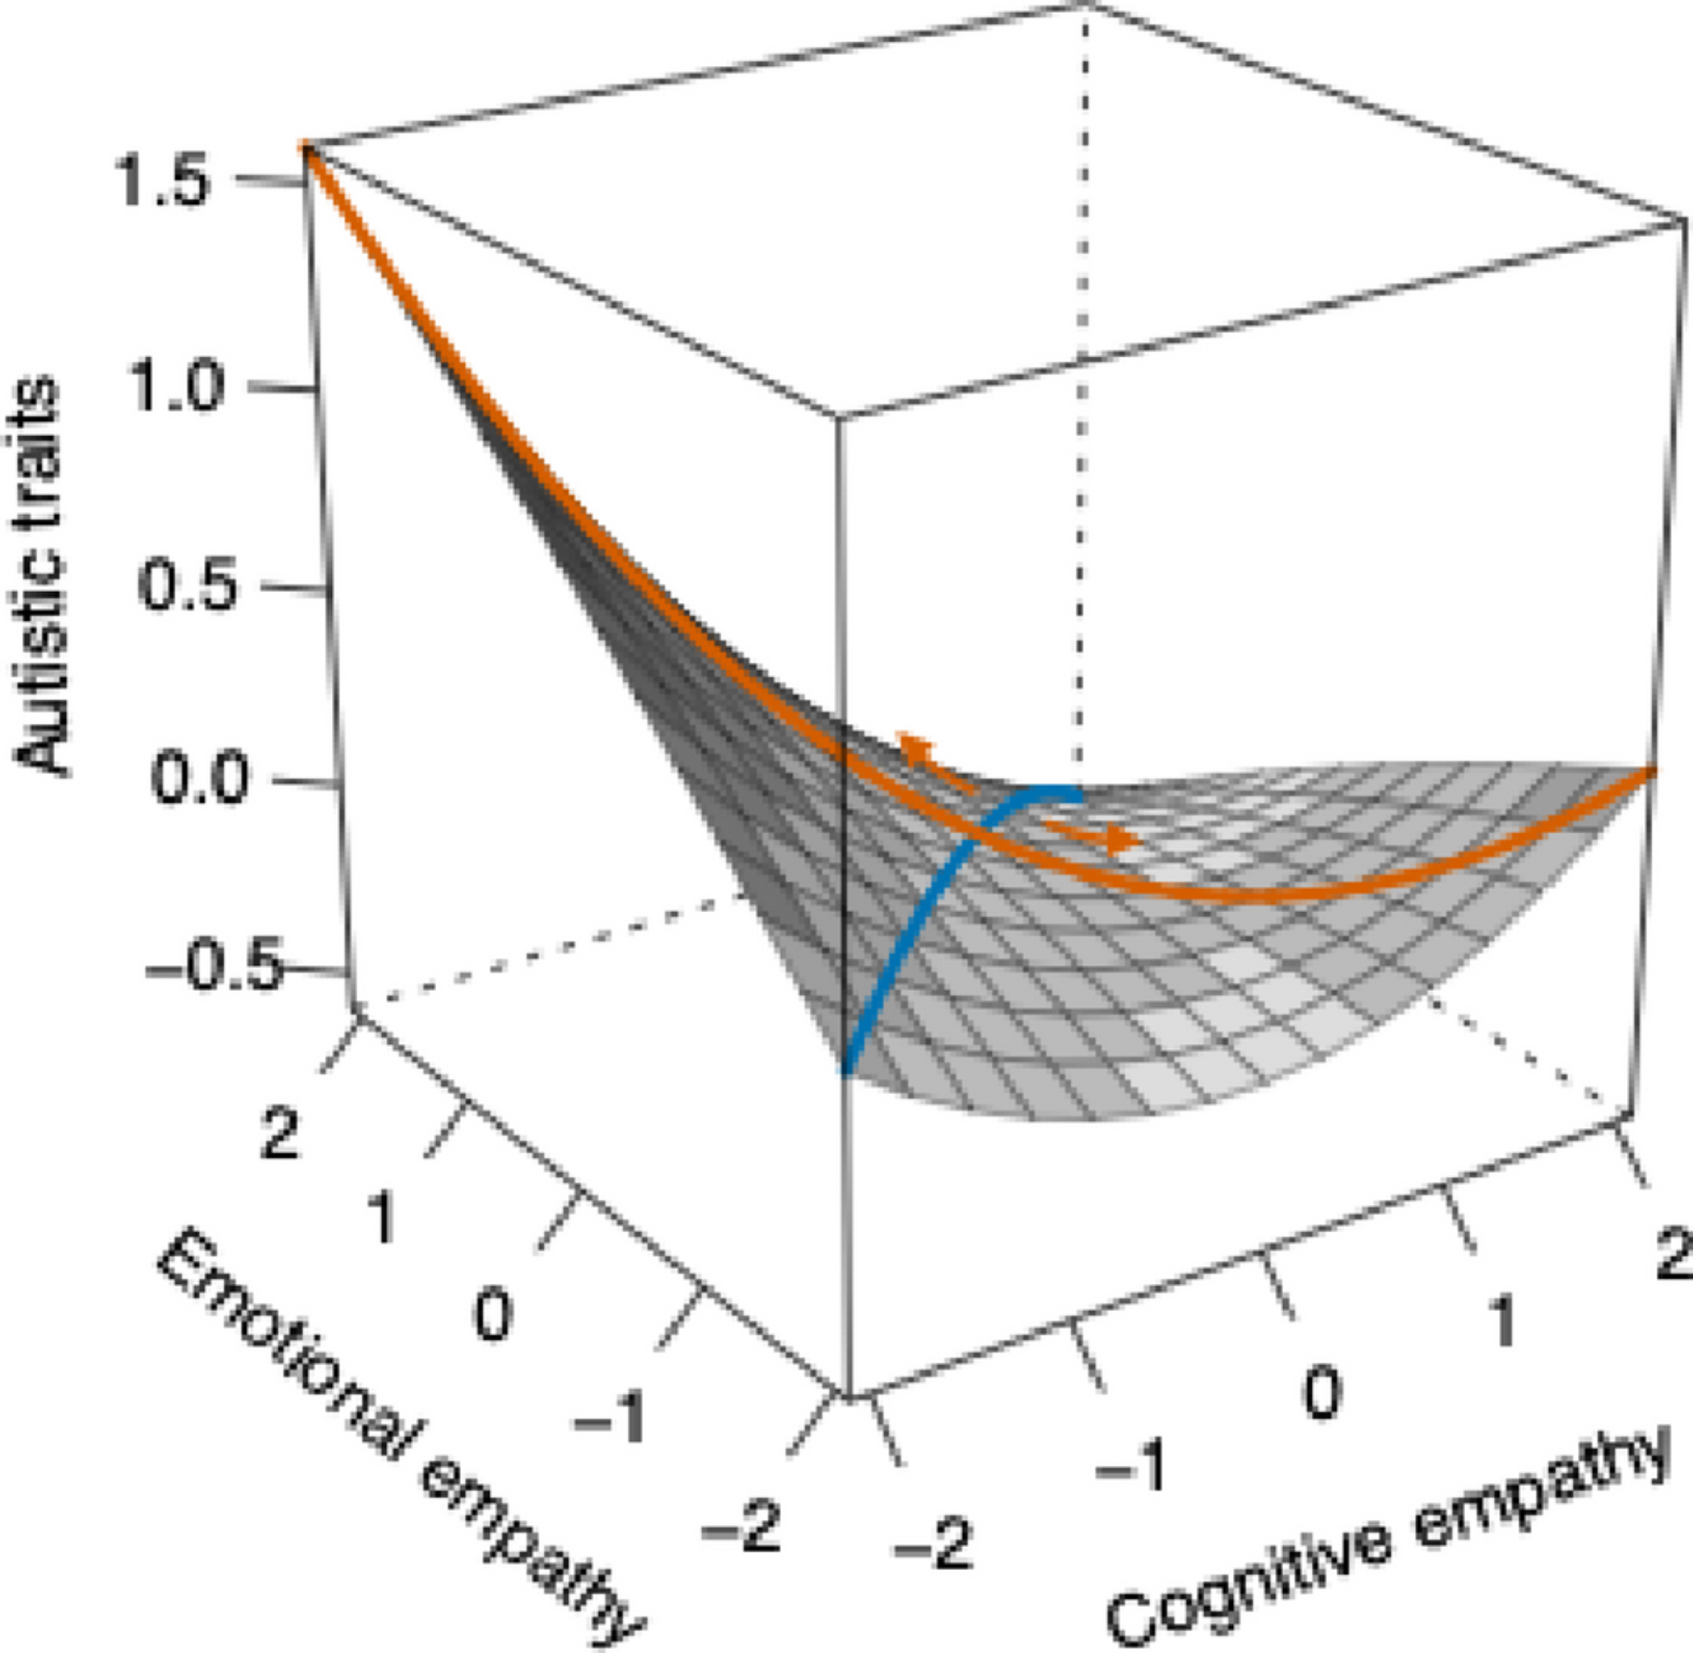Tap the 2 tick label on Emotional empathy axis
click(280, 1133)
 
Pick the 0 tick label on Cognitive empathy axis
click(1322, 1393)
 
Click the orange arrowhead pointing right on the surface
click(1126, 840)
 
